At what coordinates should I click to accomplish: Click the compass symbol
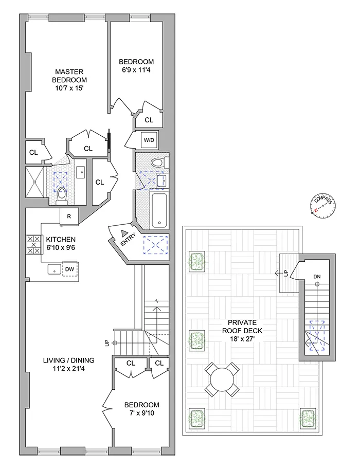point(322,205)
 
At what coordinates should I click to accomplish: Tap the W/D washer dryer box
point(149,139)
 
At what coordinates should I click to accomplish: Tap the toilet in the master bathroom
point(62,194)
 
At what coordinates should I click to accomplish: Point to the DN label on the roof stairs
point(317,277)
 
